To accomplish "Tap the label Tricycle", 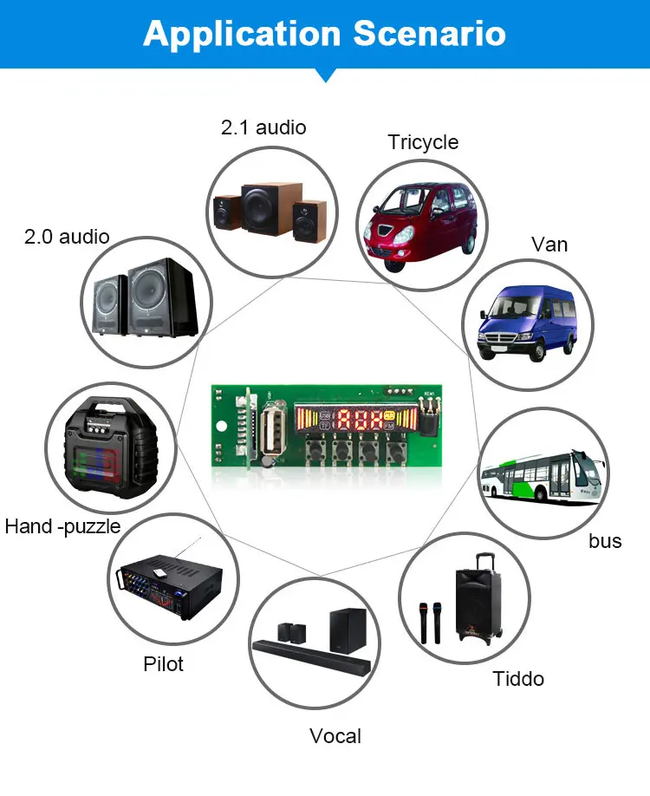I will click(x=423, y=142).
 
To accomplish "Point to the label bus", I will click(x=605, y=541).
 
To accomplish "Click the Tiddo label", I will click(x=518, y=678).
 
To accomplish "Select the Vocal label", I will click(x=335, y=736).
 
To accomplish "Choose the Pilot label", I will click(x=163, y=664).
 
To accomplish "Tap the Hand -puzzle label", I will click(x=62, y=526).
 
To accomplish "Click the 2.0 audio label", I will click(x=66, y=236).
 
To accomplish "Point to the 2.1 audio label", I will click(x=263, y=127).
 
